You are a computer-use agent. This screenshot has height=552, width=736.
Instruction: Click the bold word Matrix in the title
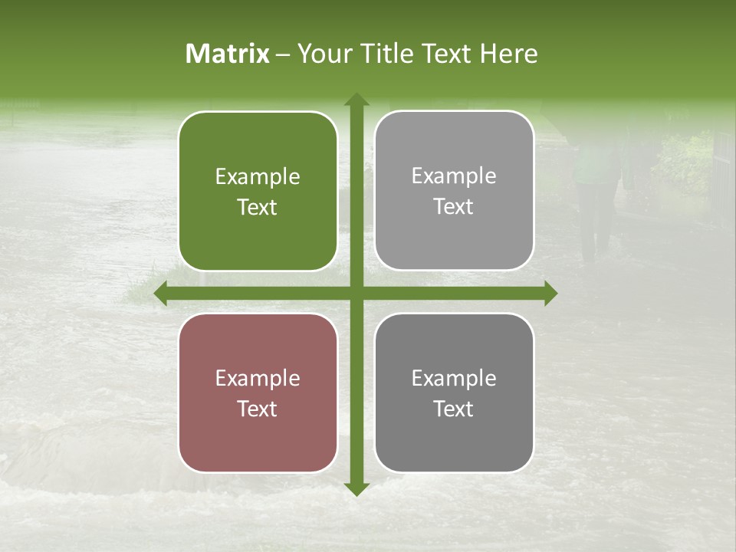pos(228,54)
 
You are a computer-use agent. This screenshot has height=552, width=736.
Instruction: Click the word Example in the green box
pos(258,177)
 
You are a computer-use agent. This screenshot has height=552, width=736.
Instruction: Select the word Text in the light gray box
pos(454,207)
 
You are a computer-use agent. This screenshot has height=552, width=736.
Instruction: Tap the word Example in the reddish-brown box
pos(258,379)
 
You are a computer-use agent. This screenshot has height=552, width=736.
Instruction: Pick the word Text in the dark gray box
pos(454,409)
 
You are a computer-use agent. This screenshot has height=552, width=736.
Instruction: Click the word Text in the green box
pos(258,208)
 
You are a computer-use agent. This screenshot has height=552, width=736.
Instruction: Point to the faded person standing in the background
pos(596,192)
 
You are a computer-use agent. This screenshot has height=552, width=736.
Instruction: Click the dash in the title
pos(283,54)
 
